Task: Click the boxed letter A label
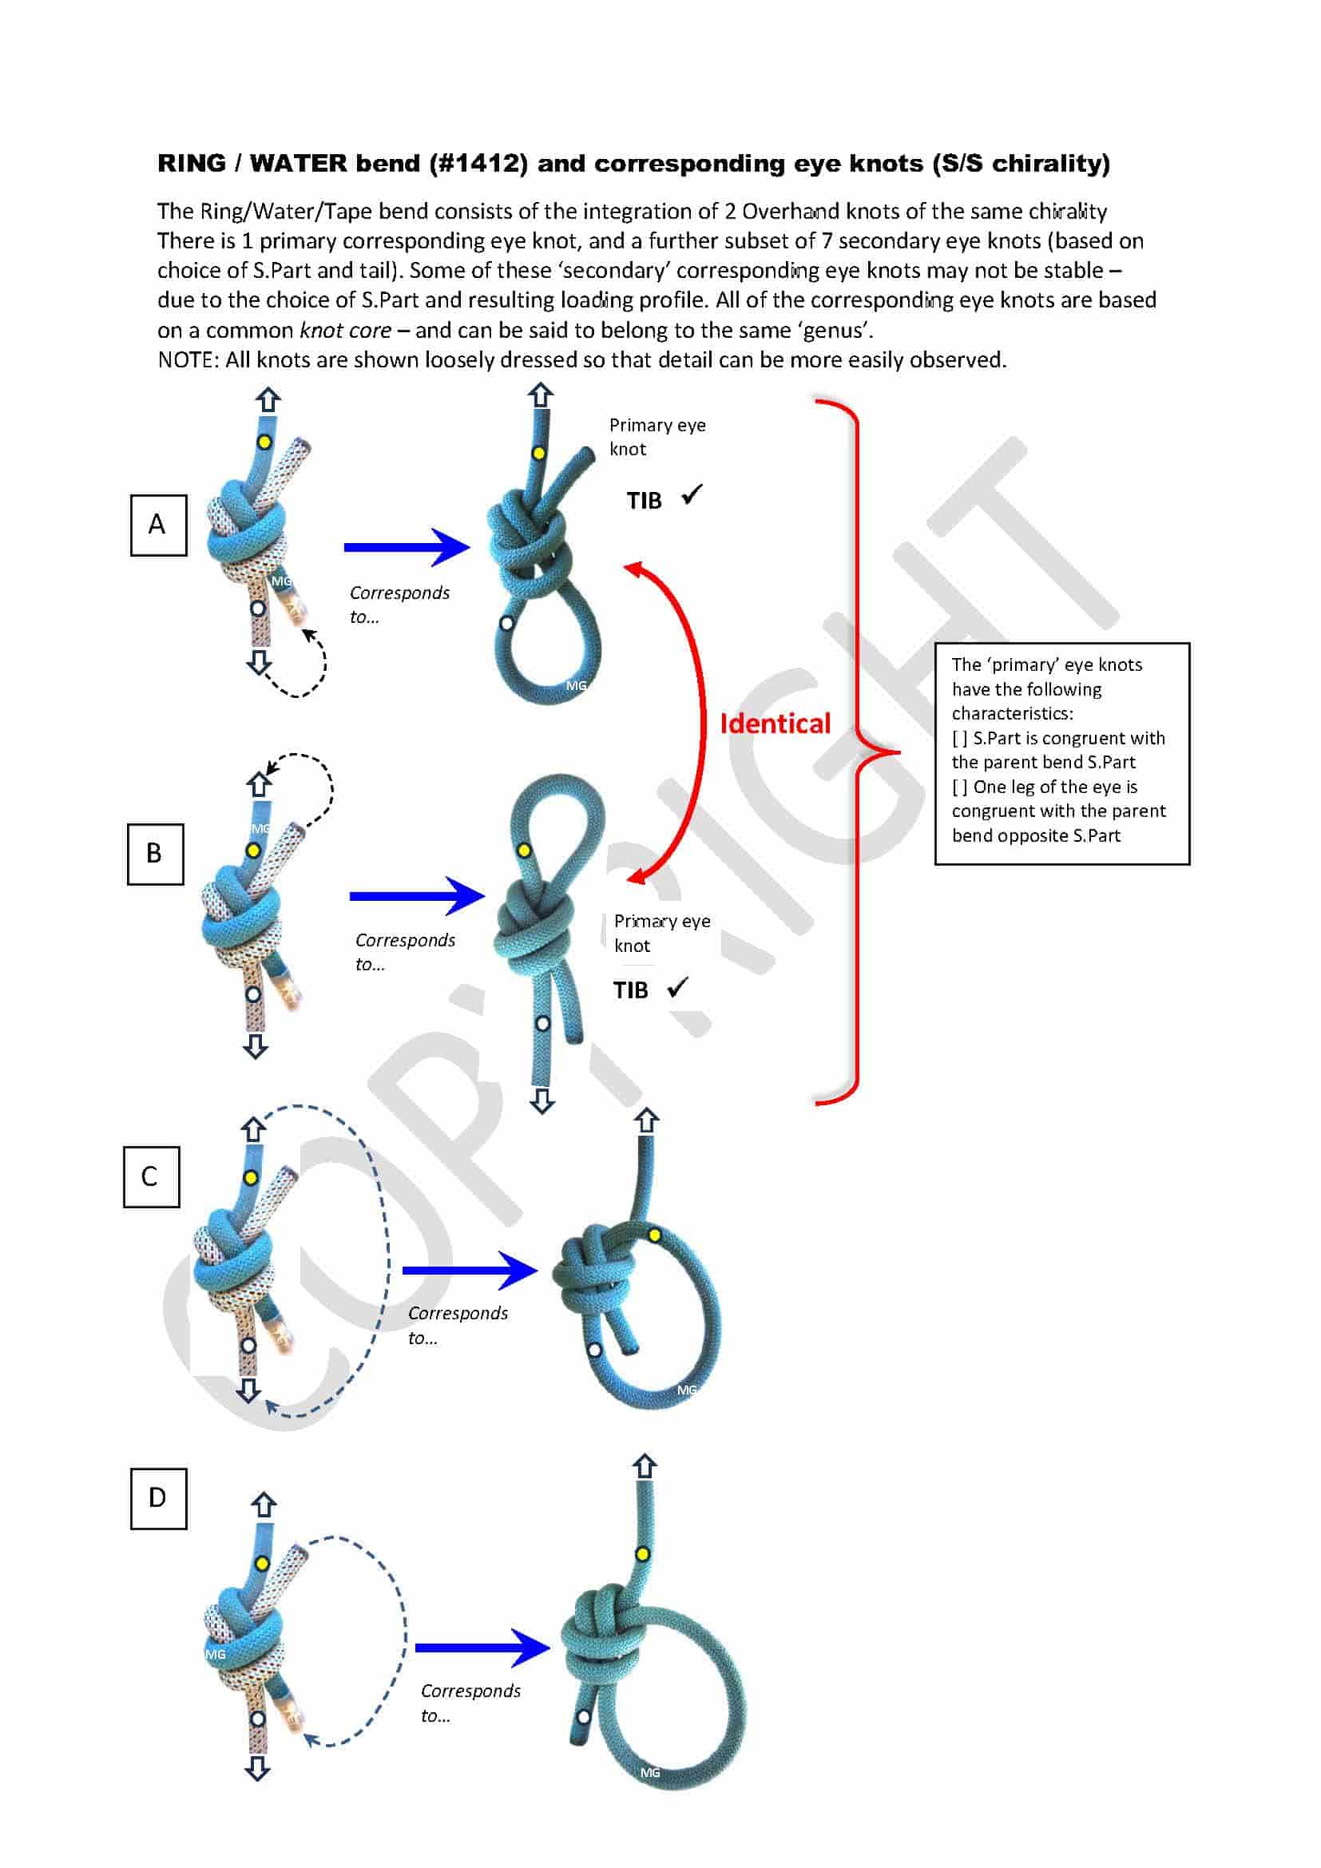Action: click(158, 525)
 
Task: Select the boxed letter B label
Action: click(155, 854)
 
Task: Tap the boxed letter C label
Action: click(150, 1176)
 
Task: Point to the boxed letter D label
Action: click(158, 1497)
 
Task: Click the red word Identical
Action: click(775, 724)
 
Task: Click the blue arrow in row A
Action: click(406, 547)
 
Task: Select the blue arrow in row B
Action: click(415, 896)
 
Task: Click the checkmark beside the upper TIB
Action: click(692, 494)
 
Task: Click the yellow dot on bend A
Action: click(264, 442)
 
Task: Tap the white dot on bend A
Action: click(258, 609)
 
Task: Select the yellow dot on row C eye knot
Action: click(655, 1235)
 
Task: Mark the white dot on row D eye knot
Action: click(583, 1718)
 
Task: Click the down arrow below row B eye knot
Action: click(541, 1101)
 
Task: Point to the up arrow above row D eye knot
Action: click(645, 1466)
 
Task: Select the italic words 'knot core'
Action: click(345, 331)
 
